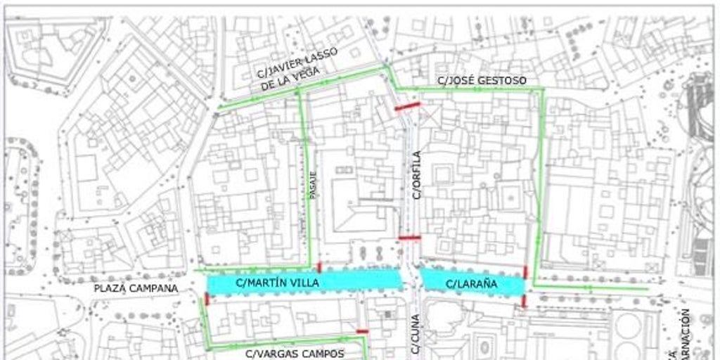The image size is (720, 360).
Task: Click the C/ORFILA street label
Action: click(x=416, y=175)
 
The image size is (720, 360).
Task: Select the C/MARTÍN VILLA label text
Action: click(x=277, y=283)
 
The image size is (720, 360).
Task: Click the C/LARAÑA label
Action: click(x=472, y=284)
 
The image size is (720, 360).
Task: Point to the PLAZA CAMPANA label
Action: click(x=136, y=288)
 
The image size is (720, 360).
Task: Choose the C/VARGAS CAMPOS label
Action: click(x=295, y=354)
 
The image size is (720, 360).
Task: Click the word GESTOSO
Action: click(x=499, y=81)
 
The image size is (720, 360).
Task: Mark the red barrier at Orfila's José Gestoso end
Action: click(x=407, y=107)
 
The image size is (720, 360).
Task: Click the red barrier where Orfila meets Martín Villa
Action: click(x=409, y=238)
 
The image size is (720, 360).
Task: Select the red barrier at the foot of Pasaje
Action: click(x=319, y=267)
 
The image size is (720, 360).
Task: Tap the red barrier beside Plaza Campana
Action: click(x=207, y=299)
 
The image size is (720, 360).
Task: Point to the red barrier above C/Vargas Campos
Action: click(x=362, y=331)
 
